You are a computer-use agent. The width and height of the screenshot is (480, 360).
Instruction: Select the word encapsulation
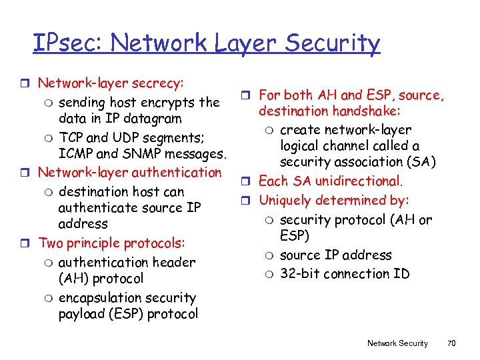click(102, 298)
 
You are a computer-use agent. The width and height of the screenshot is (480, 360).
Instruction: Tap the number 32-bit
click(301, 274)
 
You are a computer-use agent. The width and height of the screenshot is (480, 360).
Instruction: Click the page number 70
click(451, 343)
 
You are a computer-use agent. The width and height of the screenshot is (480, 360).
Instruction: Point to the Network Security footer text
click(397, 343)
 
